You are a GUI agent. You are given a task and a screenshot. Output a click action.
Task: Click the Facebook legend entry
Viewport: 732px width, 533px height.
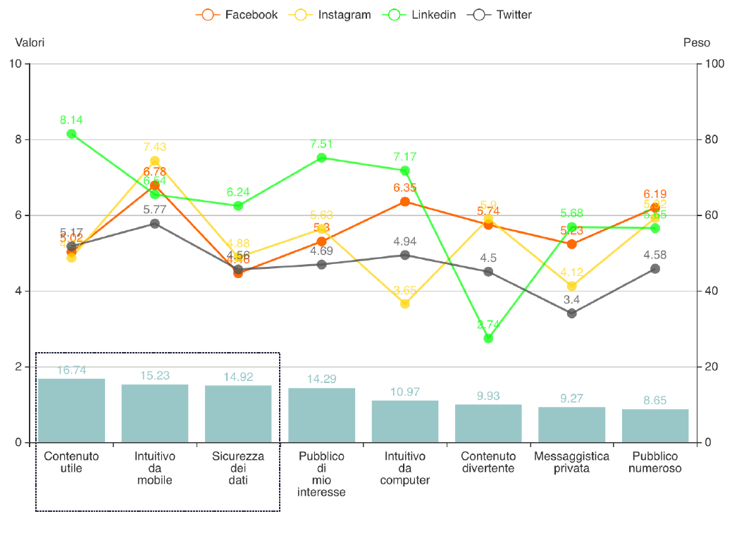tap(237, 15)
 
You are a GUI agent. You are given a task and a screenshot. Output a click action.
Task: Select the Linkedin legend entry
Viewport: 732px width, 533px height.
tap(421, 15)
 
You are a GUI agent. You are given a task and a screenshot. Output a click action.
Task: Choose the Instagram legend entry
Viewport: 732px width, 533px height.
tap(331, 15)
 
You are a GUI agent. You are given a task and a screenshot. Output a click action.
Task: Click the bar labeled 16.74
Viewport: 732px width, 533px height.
tap(71, 411)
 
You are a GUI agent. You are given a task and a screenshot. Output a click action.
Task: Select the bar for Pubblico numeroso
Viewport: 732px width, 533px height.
tap(655, 426)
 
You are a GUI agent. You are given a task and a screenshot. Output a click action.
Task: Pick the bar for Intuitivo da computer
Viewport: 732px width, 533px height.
tap(404, 422)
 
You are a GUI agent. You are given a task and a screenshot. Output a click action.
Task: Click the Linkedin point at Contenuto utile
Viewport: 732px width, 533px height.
tap(71, 134)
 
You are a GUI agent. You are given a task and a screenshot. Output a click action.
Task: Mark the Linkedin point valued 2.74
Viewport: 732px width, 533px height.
tap(488, 339)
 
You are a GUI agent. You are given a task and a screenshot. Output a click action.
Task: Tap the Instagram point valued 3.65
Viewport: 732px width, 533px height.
tap(404, 304)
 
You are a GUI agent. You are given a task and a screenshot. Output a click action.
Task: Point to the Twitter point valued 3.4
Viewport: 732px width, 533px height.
tap(571, 313)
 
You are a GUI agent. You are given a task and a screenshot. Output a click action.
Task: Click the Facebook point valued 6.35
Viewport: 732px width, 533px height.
tap(404, 202)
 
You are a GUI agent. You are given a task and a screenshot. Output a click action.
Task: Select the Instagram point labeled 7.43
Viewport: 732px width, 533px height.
tap(154, 161)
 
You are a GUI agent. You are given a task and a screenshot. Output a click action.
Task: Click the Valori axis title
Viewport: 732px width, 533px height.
tap(30, 43)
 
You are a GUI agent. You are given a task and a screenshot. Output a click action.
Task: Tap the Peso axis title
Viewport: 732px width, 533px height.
tap(696, 43)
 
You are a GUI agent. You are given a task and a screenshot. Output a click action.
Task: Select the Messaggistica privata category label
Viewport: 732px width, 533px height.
tap(571, 462)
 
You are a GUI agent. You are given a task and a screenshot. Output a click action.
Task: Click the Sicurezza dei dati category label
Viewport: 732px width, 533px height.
tap(238, 468)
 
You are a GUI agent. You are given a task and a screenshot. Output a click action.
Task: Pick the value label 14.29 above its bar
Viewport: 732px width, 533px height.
tap(321, 380)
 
